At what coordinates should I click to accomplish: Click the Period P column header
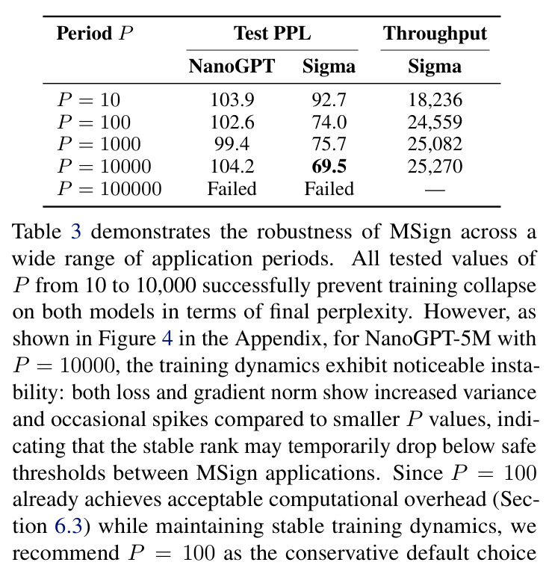[95, 34]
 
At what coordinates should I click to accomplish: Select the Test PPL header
[272, 34]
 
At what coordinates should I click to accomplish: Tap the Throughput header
[435, 34]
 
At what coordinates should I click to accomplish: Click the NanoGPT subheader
[232, 67]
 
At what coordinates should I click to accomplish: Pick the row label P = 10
[89, 99]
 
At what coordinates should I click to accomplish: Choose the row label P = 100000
[110, 189]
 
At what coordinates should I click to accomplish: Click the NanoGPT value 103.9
[232, 99]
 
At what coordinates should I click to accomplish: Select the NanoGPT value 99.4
[232, 144]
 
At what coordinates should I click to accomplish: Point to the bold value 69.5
[329, 167]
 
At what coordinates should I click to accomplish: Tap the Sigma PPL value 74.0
[329, 122]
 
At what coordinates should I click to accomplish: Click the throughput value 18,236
[435, 100]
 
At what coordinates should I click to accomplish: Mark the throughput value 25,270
[435, 167]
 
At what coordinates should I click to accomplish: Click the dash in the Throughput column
[435, 191]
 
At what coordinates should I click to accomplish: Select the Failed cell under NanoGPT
[232, 189]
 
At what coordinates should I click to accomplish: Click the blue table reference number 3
[75, 232]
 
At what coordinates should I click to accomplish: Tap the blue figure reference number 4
[167, 339]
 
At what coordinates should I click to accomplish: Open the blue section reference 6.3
[69, 526]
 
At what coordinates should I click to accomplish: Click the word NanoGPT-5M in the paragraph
[428, 339]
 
